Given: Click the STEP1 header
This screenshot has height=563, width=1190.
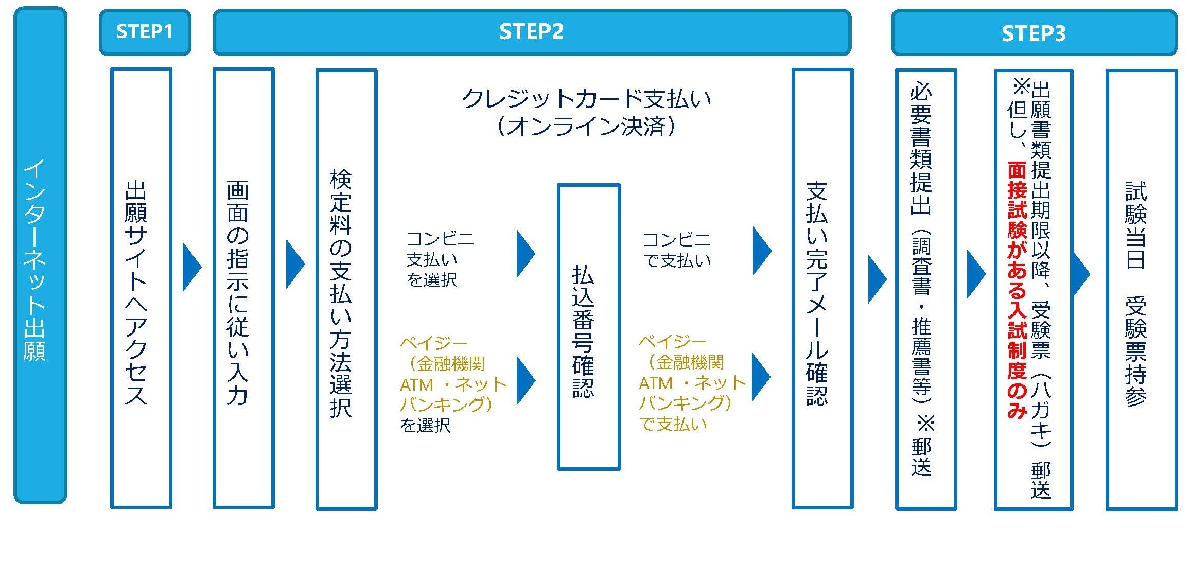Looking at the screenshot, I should click(145, 32).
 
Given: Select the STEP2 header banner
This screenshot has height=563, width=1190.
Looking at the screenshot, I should click(531, 32).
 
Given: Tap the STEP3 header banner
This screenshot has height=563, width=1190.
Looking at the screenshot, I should click(1034, 33).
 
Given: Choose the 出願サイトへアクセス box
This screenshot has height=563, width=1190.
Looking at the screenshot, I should click(141, 288).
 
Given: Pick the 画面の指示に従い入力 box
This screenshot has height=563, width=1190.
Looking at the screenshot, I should click(243, 288).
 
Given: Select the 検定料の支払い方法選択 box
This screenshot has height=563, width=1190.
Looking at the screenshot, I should click(346, 289).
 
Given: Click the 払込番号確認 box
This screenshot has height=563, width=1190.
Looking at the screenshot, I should click(588, 327).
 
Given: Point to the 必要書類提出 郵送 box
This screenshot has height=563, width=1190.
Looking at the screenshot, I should click(925, 289).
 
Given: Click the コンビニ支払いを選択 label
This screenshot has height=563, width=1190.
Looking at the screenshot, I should click(439, 259).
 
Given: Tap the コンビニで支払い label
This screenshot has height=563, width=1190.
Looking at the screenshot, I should click(676, 250).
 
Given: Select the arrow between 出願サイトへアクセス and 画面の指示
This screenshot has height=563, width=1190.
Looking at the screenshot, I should click(191, 267).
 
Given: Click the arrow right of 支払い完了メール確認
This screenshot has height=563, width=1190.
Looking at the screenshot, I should click(876, 278).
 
